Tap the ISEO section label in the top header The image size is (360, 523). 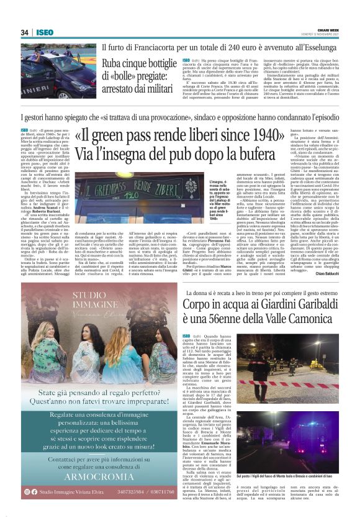[x=44, y=32]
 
